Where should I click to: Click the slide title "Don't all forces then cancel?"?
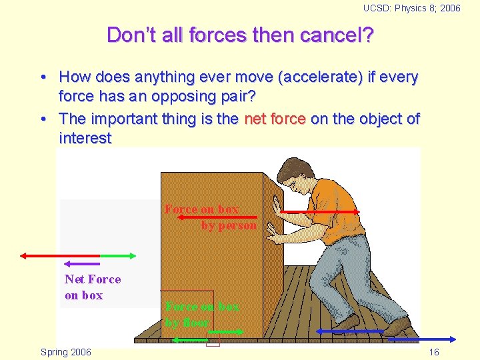pyautogui.click(x=240, y=35)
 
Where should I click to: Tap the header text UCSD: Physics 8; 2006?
pyautogui.click(x=411, y=8)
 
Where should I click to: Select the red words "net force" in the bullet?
pyautogui.click(x=275, y=119)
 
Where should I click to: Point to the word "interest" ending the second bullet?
pyautogui.click(x=85, y=138)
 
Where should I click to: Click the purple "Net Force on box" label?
pyautogui.click(x=92, y=287)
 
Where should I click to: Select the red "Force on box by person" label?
pyautogui.click(x=211, y=217)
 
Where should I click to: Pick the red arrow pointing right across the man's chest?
pyautogui.click(x=319, y=212)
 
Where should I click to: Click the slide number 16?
pyautogui.click(x=434, y=352)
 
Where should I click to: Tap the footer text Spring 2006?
pyautogui.click(x=66, y=352)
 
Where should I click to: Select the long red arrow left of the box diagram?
pyautogui.click(x=60, y=255)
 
